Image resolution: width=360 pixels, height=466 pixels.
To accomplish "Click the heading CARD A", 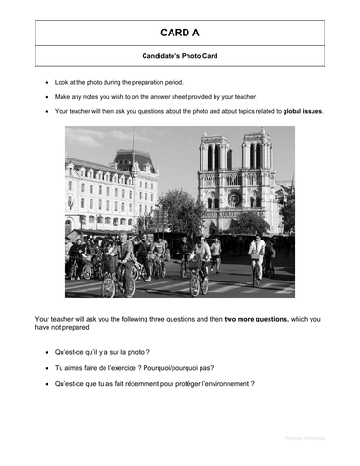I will click(180, 32).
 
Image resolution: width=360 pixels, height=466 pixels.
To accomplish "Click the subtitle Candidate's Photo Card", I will click(180, 57).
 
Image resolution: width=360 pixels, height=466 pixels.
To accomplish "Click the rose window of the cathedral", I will click(233, 198).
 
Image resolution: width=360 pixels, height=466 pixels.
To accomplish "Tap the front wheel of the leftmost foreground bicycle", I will click(107, 284).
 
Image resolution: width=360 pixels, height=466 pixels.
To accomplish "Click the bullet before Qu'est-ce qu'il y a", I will click(47, 353).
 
